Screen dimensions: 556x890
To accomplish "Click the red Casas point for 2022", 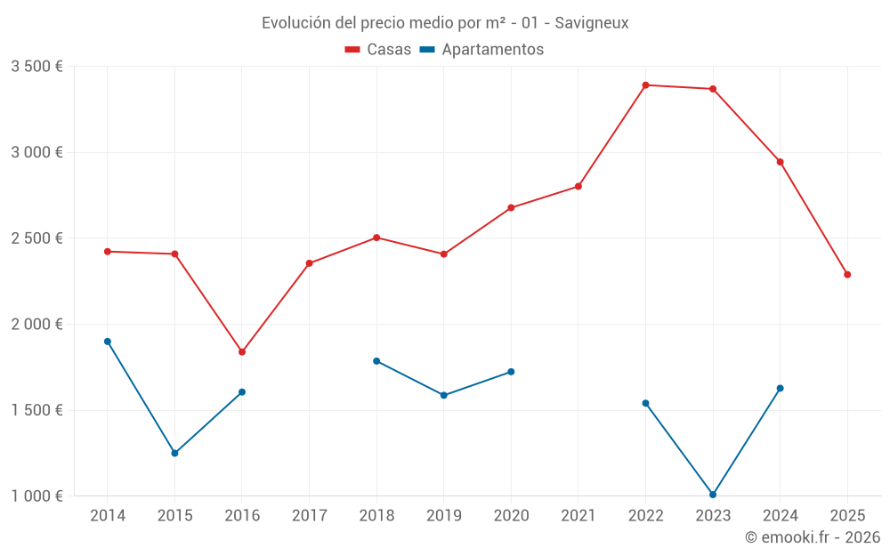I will (x=645, y=85).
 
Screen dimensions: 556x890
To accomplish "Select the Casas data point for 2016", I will (x=242, y=352).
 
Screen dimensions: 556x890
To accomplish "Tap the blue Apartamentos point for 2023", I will (x=713, y=495).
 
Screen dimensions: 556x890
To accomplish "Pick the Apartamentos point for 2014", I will (x=108, y=342).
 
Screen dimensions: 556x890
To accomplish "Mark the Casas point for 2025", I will (x=847, y=275).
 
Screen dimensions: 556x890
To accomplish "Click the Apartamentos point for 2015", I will (x=174, y=454).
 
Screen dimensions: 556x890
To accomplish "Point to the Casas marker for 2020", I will (x=511, y=208).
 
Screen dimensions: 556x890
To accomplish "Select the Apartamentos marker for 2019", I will (x=444, y=396).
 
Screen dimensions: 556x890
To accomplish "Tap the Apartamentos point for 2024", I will (x=781, y=389).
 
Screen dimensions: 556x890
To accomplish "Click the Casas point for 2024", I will (x=781, y=162).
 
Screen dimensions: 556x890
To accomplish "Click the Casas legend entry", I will (x=378, y=50).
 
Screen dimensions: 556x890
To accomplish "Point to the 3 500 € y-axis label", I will (x=36, y=67).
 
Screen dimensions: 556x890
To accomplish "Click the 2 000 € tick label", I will (x=36, y=325).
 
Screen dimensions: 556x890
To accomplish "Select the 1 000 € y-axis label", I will (x=36, y=496).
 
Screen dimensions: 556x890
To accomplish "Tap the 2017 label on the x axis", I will (x=309, y=516).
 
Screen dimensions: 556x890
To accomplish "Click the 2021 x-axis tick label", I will (x=578, y=516).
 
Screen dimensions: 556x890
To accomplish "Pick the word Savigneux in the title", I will (x=592, y=23).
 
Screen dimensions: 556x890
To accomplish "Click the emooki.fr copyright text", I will (x=813, y=537).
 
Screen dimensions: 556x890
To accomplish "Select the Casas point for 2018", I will (x=376, y=238).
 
